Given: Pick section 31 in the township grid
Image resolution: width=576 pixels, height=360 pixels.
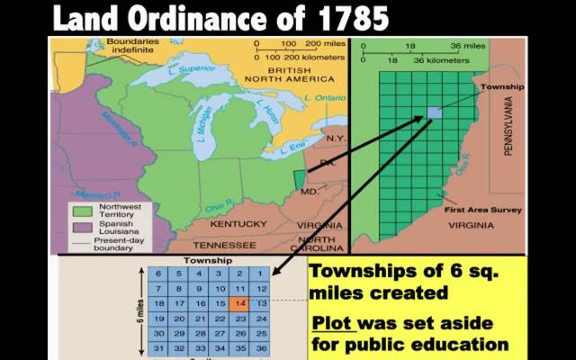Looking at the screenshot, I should (157, 348).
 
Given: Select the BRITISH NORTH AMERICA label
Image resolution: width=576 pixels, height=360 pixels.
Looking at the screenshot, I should (284, 76).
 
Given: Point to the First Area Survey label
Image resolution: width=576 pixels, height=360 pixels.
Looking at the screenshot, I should (478, 206).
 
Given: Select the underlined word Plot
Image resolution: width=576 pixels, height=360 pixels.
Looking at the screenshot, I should (332, 322).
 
